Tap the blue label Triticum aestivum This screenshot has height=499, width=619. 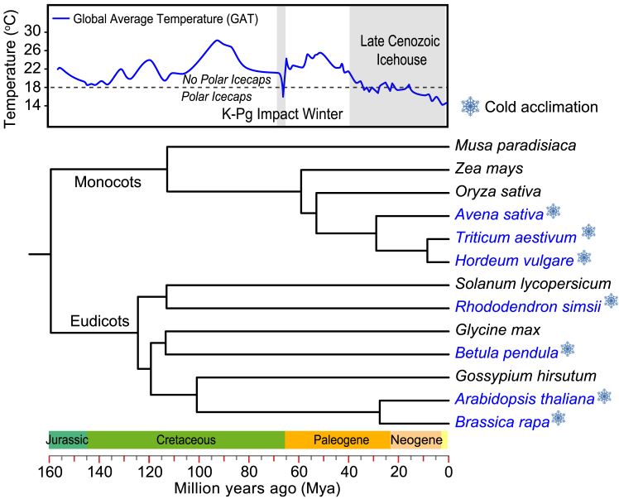(x=515, y=238)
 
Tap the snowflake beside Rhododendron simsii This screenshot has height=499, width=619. (x=611, y=300)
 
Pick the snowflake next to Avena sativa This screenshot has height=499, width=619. (x=553, y=213)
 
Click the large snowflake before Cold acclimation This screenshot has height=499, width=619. (x=470, y=106)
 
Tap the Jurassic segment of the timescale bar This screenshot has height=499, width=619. (x=68, y=440)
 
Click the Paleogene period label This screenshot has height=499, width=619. (x=337, y=440)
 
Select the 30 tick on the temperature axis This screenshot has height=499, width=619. (x=36, y=31)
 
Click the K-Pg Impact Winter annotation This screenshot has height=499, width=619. (x=282, y=114)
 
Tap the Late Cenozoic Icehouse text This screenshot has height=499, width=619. (x=396, y=50)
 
